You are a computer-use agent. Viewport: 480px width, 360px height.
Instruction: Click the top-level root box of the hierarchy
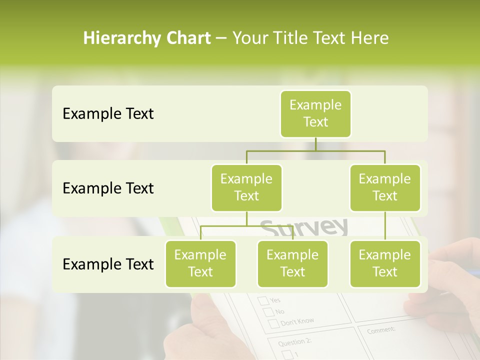(x=315, y=113)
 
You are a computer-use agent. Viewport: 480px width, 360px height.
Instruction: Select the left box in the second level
(x=246, y=187)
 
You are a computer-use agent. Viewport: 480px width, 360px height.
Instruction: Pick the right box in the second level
(x=385, y=187)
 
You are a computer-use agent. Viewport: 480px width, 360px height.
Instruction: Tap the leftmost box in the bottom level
(x=200, y=263)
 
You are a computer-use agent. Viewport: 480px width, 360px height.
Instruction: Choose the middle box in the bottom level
(x=292, y=263)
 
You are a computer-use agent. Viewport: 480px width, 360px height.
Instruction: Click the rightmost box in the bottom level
(x=385, y=263)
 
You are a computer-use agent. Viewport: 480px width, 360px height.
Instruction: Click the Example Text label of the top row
(x=108, y=114)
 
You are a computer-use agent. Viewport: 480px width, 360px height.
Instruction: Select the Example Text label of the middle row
(x=108, y=188)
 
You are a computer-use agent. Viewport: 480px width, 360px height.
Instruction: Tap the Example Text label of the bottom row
(x=108, y=264)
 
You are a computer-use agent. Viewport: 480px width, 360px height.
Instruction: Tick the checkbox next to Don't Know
(x=273, y=323)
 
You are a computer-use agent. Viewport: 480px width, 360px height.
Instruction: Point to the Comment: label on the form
(x=381, y=330)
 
